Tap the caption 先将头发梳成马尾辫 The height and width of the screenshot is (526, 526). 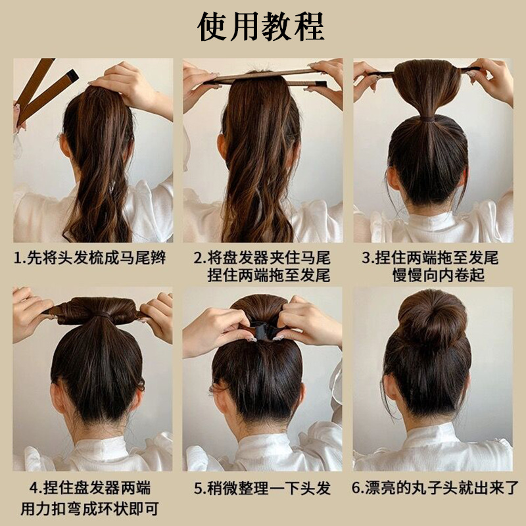pyautogui.click(x=99, y=258)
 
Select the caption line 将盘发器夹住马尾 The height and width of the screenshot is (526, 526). pyautogui.click(x=270, y=258)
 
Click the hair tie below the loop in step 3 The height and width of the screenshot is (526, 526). pyautogui.click(x=428, y=119)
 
